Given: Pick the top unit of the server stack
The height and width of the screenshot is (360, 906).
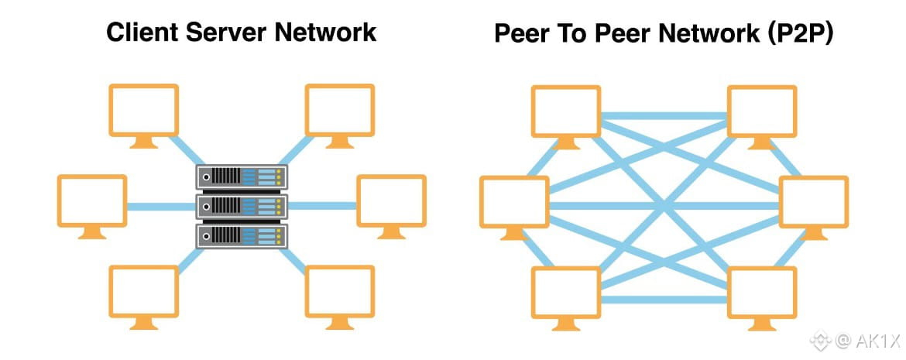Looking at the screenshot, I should [241, 177].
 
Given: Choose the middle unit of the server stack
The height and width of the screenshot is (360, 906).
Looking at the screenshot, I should [241, 206].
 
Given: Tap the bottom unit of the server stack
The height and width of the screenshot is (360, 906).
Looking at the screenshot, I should [241, 235].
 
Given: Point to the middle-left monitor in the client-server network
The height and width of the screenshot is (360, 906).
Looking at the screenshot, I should [92, 201].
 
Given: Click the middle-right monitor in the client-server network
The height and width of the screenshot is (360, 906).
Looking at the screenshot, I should [390, 201].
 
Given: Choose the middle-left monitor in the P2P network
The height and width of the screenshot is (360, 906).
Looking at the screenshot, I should [515, 201].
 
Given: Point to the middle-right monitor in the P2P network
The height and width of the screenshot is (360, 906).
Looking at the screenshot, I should [813, 201].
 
